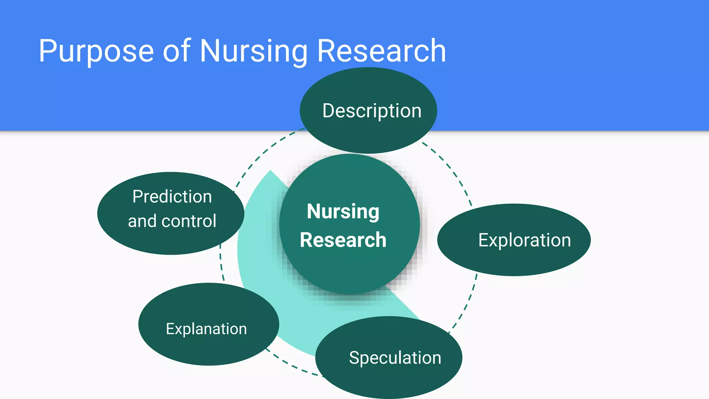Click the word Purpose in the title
tap(96, 51)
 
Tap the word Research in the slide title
tap(381, 51)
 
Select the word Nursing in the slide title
tap(253, 51)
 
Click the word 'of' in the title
tap(177, 51)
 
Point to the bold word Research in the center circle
tap(343, 240)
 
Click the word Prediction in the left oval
tap(172, 196)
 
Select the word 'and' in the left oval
tap(142, 221)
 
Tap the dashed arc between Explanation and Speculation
tap(294, 368)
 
